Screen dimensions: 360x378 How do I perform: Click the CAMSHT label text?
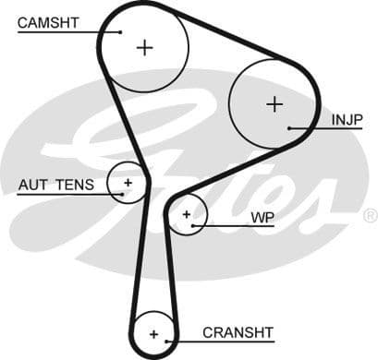point(47,21)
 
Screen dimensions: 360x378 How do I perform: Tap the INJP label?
point(347,120)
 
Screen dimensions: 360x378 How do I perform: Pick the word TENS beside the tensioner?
point(73,185)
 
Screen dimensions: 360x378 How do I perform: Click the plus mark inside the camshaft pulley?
point(144,46)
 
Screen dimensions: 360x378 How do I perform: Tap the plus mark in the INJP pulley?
point(274,103)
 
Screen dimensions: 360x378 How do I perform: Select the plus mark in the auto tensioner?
point(128,183)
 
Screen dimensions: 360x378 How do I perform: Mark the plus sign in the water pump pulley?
point(187,215)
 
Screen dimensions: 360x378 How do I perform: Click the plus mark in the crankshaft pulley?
point(153,333)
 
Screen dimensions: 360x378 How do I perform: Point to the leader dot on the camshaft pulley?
point(120,32)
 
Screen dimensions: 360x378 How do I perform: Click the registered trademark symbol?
point(369,216)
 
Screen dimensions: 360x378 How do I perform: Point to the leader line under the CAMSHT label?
point(65,32)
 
